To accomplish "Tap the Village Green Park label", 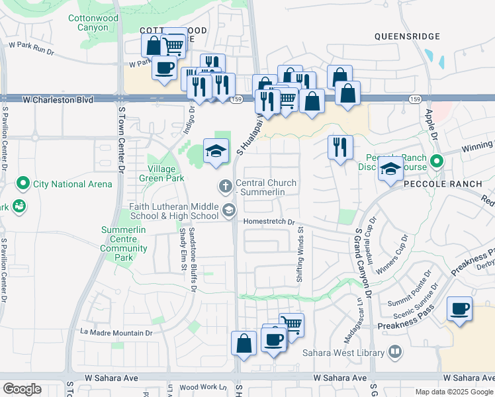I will pos(161,173).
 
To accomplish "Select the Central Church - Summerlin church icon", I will pos(226,187).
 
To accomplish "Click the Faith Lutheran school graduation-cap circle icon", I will pos(228,210).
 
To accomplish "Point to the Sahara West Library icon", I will pos(395,351).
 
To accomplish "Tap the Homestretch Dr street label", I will pos(269,222).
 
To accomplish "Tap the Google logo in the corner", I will pos(22,389).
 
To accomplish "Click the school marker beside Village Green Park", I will pos(216,151).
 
